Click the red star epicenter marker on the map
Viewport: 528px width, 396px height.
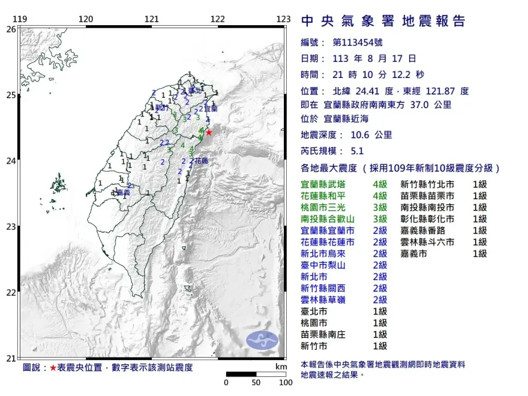click(208, 132)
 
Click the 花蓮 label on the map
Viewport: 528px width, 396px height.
click(201, 161)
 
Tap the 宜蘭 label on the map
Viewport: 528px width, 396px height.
click(210, 109)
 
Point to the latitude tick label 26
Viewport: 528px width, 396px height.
click(10, 29)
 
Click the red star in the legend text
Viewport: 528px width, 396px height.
click(53, 367)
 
